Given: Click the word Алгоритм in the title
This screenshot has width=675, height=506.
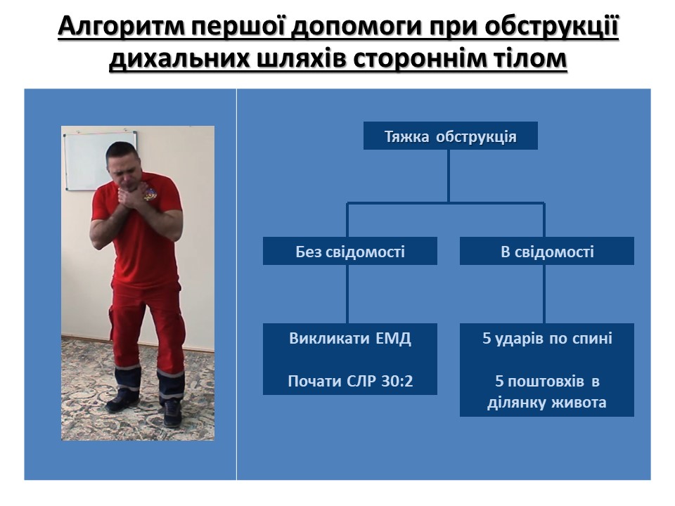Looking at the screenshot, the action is click(120, 27).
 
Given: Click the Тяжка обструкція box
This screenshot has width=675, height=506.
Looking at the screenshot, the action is click(450, 136).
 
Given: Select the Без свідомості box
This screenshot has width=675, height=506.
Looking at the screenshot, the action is click(350, 251).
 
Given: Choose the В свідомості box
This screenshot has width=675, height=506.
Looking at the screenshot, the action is click(547, 251).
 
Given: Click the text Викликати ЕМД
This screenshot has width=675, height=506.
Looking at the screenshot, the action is click(350, 338).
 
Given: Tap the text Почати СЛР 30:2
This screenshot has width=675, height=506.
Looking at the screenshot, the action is click(350, 381).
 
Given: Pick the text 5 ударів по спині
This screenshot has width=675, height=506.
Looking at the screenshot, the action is click(547, 338).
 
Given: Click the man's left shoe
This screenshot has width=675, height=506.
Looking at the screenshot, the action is click(172, 412).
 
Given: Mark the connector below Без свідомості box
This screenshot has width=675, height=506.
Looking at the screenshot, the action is click(347, 294).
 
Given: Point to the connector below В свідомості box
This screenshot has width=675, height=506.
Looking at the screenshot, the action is click(544, 294).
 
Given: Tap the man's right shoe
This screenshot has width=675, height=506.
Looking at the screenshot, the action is click(122, 401).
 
